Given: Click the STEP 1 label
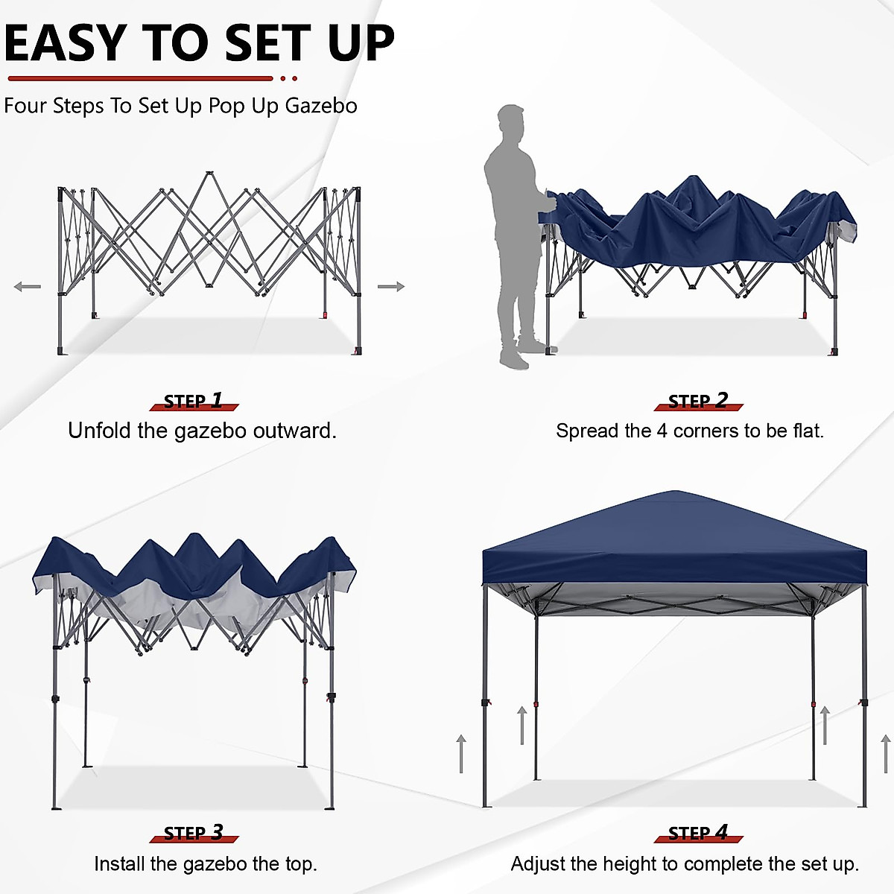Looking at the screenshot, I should [x=194, y=402].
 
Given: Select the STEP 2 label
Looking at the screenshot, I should [x=698, y=402].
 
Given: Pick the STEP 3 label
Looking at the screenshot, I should [x=194, y=833].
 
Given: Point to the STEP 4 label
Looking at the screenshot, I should [x=698, y=833].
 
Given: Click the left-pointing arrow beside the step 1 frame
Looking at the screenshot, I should [x=28, y=287].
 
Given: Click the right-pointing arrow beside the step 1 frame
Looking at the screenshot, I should [x=390, y=287].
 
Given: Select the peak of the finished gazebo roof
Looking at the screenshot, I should [x=675, y=492].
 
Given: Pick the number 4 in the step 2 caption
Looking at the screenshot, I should [x=662, y=431].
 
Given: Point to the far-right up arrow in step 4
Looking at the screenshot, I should [x=886, y=752].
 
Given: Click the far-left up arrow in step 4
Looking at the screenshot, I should [x=462, y=752].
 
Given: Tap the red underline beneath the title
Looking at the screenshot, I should [x=142, y=78].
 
